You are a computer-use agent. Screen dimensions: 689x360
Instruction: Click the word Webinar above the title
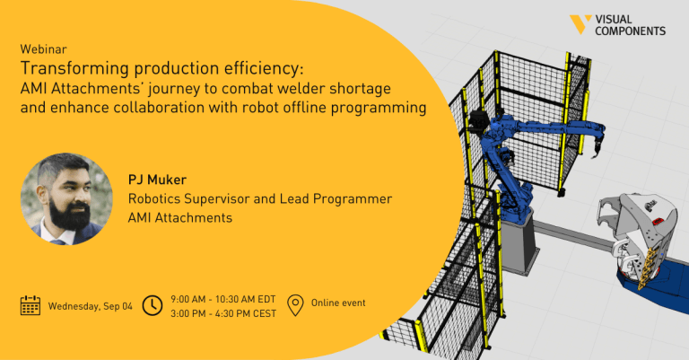click(43, 48)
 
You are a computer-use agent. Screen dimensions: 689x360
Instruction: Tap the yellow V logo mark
click(580, 24)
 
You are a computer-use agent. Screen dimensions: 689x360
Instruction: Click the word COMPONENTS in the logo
click(631, 31)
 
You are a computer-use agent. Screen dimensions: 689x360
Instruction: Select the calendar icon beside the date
click(31, 305)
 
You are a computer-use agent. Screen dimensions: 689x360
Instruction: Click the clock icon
click(153, 305)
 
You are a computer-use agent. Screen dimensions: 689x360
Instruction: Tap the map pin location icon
click(295, 305)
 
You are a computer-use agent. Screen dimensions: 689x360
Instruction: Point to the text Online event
click(338, 303)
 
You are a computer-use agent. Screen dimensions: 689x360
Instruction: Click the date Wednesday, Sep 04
click(90, 306)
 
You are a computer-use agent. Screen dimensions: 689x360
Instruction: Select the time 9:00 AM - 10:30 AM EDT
click(223, 299)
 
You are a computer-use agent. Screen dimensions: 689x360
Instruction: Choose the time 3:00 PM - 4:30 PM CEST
click(223, 314)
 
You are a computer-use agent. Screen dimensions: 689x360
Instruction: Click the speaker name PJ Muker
click(157, 180)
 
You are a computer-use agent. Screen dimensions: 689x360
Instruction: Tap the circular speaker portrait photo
click(66, 198)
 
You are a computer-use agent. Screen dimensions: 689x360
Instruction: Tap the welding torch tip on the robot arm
click(595, 154)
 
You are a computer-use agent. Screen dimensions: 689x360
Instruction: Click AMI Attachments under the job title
click(180, 217)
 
